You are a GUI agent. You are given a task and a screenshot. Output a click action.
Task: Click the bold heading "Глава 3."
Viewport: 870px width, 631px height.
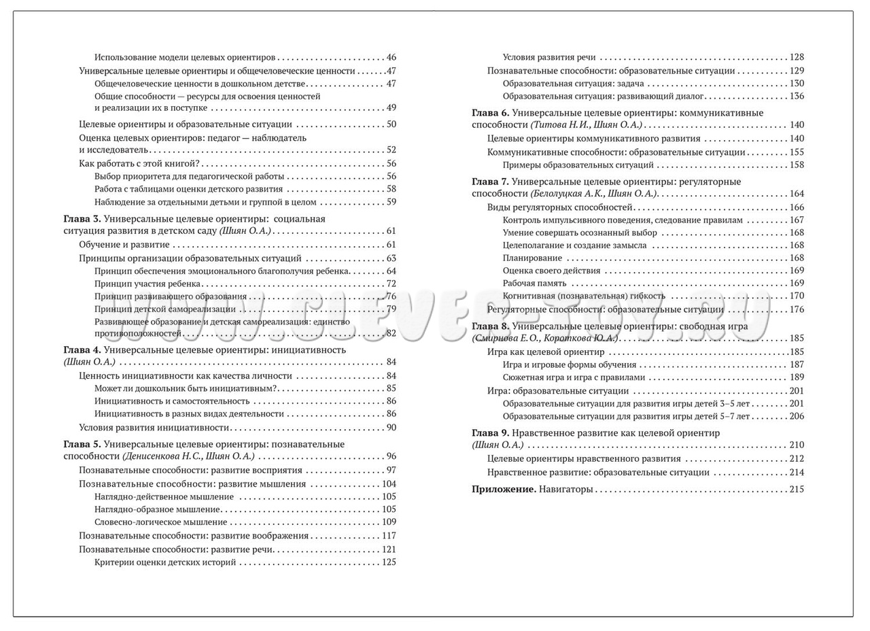pos(82,219)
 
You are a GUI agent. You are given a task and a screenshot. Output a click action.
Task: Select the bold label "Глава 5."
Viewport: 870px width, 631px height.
pos(82,444)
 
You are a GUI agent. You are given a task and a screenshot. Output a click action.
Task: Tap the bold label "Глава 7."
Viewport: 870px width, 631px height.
pos(489,182)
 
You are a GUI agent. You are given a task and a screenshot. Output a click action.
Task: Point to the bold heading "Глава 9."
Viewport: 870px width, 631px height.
pos(489,432)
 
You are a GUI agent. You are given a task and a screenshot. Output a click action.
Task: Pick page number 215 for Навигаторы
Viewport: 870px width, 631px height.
pos(797,489)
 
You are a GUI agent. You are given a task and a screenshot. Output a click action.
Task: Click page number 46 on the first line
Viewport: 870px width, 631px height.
pos(391,58)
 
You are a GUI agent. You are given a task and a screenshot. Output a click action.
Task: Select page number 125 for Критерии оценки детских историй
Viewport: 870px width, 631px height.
pos(389,562)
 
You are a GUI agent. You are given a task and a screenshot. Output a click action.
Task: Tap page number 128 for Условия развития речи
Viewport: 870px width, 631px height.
pos(797,58)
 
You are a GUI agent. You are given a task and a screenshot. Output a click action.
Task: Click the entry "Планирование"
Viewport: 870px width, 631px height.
pos(532,258)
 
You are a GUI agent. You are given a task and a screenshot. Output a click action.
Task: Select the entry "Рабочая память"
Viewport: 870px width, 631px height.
pos(535,283)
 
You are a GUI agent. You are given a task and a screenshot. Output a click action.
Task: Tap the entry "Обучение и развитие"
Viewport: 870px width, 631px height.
pos(124,245)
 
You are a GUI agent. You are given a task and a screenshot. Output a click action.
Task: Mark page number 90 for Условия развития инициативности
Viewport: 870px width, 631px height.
pos(391,428)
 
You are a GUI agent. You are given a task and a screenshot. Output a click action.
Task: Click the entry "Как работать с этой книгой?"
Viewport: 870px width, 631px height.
pos(139,163)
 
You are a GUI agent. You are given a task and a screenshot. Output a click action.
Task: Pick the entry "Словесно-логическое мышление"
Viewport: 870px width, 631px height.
pos(160,522)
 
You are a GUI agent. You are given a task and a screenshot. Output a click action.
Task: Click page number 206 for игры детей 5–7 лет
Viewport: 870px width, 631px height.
pos(797,416)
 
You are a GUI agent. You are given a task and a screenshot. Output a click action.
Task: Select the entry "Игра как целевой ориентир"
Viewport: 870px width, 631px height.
pos(546,352)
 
